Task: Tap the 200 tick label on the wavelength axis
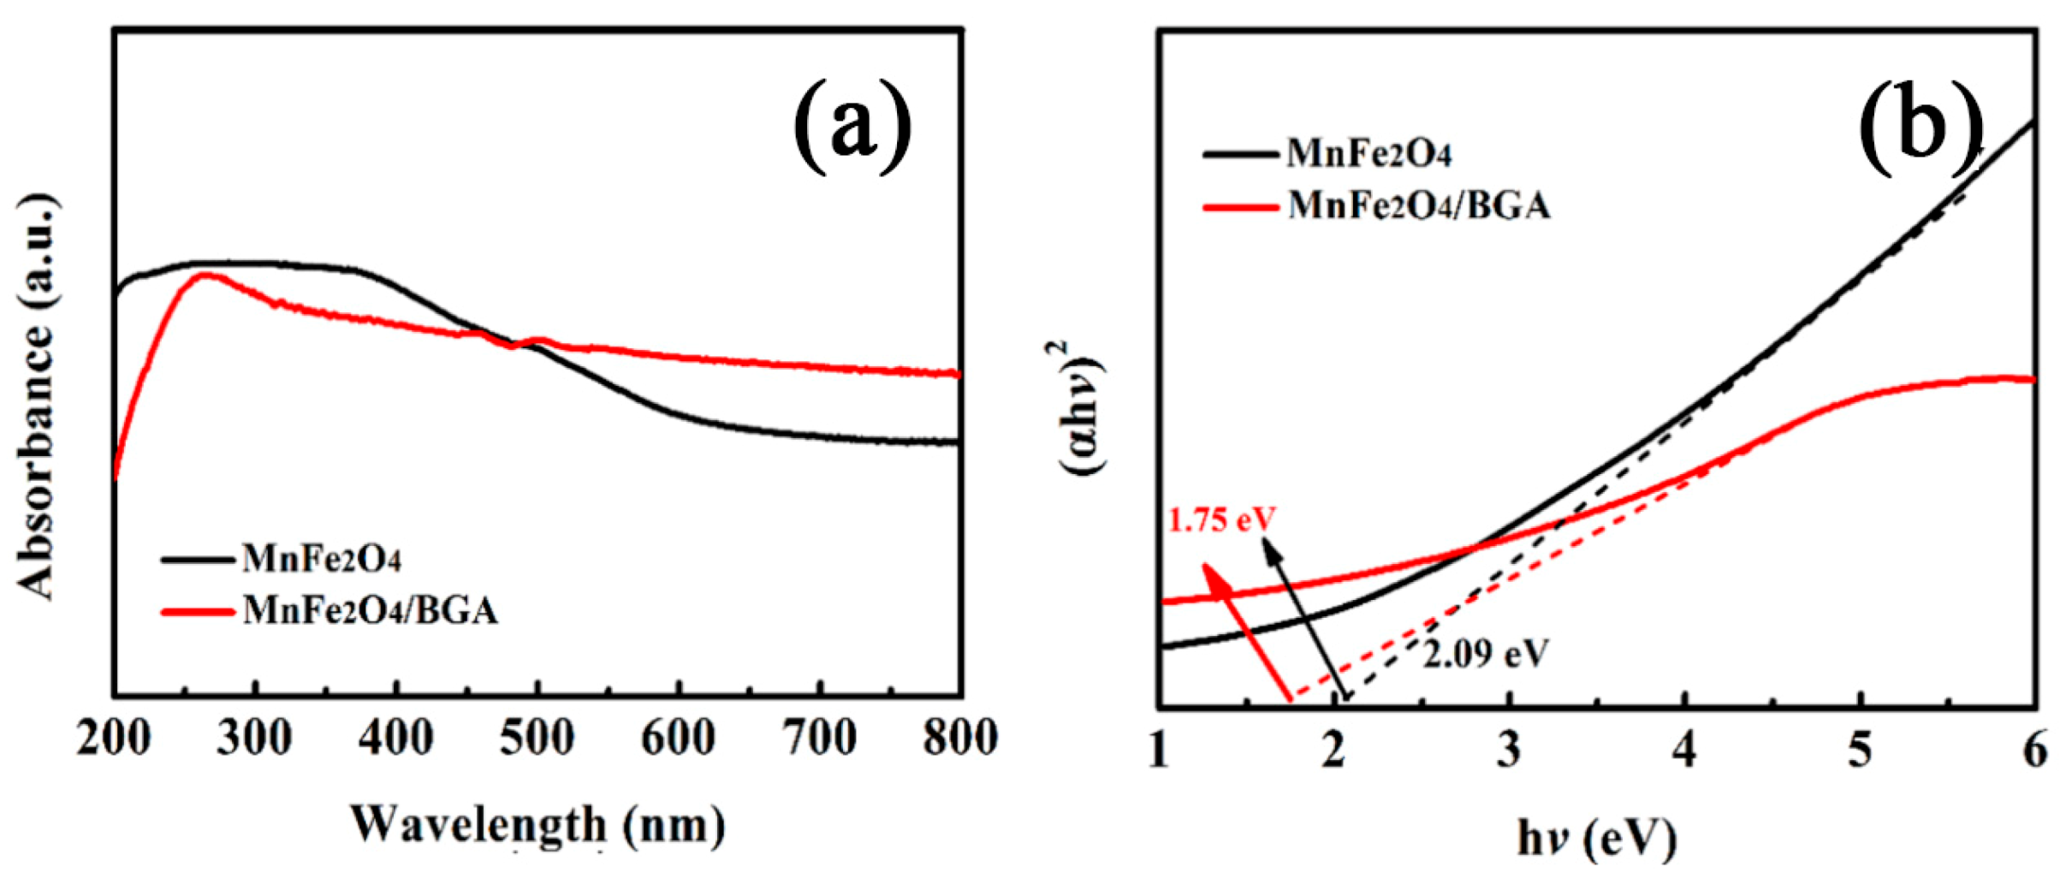[114, 738]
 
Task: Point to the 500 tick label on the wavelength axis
[537, 738]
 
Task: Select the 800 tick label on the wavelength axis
[960, 738]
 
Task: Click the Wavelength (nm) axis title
[537, 826]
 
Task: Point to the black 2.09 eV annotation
[1486, 654]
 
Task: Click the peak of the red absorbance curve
[205, 275]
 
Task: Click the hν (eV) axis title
[1597, 839]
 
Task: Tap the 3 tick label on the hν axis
[1509, 751]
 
